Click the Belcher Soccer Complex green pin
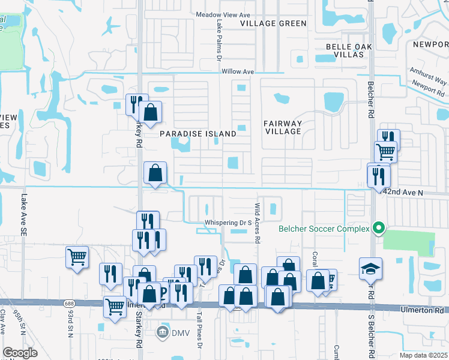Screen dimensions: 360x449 pyautogui.click(x=378, y=229)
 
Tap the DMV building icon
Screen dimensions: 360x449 pyautogui.click(x=163, y=332)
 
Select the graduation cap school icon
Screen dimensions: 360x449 pyautogui.click(x=370, y=269)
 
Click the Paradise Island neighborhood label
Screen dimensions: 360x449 pyautogui.click(x=197, y=134)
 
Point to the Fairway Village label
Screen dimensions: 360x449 pyautogui.click(x=282, y=127)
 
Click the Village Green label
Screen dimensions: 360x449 pyautogui.click(x=273, y=23)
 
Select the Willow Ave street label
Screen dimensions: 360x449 pyautogui.click(x=238, y=71)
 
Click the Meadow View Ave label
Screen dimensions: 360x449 pyautogui.click(x=222, y=13)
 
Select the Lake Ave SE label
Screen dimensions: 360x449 pyautogui.click(x=24, y=213)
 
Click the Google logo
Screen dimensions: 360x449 pyautogui.click(x=20, y=353)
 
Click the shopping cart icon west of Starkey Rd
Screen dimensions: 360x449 pyautogui.click(x=77, y=257)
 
